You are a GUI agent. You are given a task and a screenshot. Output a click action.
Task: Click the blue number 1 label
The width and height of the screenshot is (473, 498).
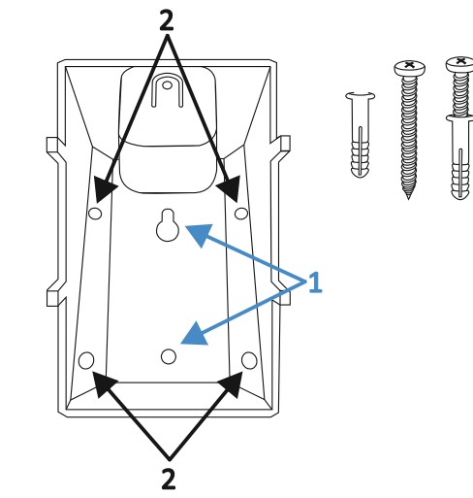click(x=315, y=282)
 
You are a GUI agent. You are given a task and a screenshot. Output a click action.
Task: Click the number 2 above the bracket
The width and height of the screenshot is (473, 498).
click(x=167, y=20)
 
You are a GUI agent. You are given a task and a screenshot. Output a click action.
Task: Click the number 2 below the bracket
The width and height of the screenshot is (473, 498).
click(x=169, y=479)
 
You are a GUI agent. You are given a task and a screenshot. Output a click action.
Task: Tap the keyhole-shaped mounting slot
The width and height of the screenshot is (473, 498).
click(x=168, y=225)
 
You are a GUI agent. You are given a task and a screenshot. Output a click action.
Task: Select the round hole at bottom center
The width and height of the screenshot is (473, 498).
click(x=169, y=356)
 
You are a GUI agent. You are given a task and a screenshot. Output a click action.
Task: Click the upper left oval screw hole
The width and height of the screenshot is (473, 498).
click(x=95, y=214)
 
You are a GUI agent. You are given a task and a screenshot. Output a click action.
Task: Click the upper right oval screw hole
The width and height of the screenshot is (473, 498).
click(x=241, y=214)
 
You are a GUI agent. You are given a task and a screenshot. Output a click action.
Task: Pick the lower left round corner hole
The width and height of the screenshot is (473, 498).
click(x=86, y=360)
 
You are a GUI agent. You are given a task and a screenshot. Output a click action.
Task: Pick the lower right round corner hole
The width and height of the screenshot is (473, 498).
click(x=249, y=360)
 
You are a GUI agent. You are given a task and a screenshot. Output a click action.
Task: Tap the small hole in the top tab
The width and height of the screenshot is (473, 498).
click(x=167, y=85)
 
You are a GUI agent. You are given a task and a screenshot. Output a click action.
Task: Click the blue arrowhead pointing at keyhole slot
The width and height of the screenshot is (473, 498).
click(x=200, y=234)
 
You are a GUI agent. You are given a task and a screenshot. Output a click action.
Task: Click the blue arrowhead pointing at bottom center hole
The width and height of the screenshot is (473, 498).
click(x=196, y=335)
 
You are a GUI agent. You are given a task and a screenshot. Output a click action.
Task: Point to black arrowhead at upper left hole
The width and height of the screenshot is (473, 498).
click(x=104, y=189)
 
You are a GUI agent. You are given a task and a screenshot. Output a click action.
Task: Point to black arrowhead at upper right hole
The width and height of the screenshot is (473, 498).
click(x=230, y=189)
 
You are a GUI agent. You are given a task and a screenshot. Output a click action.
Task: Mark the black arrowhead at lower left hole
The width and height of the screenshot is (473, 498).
click(x=104, y=383)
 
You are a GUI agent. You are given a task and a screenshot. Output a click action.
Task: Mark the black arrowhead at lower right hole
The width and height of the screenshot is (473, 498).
click(x=232, y=383)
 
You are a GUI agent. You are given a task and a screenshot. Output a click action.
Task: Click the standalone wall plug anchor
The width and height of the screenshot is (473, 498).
click(x=361, y=135)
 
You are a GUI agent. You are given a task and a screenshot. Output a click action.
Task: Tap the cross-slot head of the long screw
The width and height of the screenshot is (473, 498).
click(x=409, y=68)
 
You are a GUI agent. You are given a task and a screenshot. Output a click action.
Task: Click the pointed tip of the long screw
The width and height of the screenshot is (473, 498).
click(x=408, y=197)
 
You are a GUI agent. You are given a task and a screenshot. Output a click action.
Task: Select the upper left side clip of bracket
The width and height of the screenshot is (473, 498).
click(x=55, y=146)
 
